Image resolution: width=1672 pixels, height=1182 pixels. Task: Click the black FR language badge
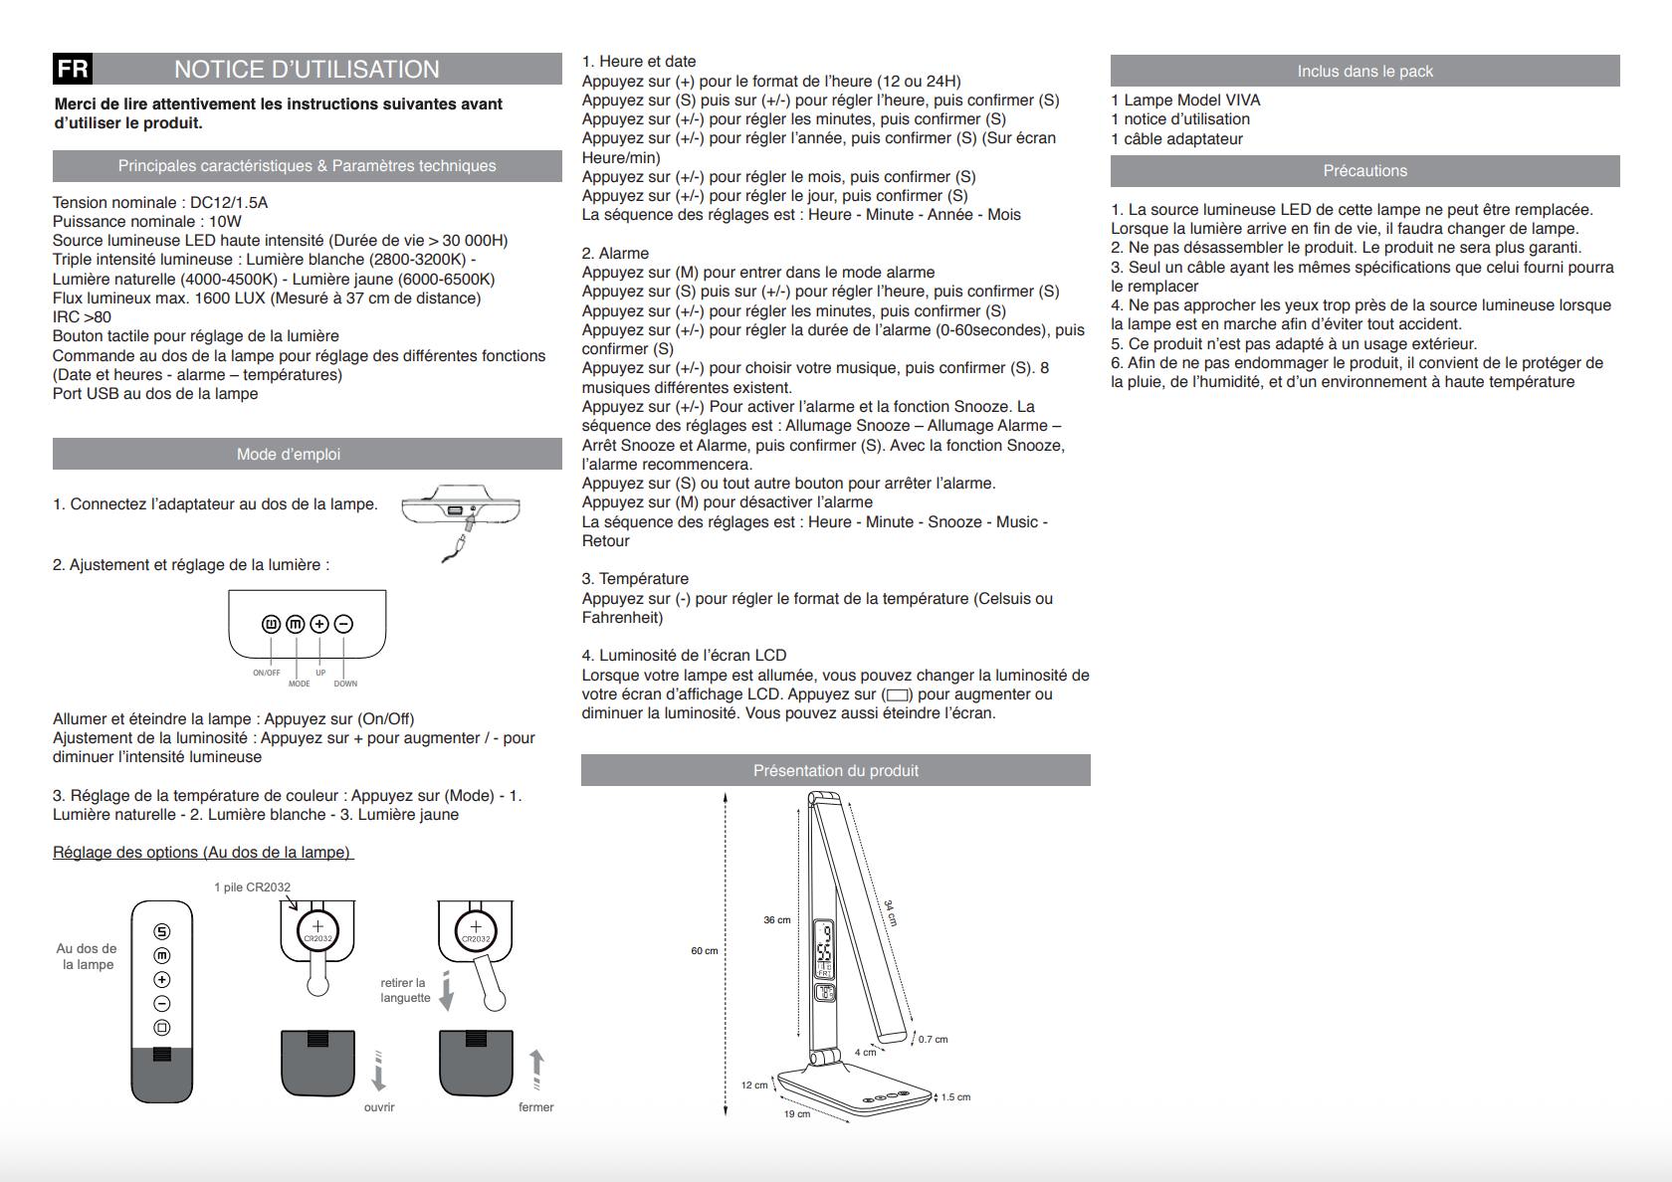coord(73,69)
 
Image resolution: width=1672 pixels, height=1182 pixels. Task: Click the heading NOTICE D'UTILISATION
coord(307,70)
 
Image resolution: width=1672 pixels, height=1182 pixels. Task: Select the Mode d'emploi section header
coord(289,455)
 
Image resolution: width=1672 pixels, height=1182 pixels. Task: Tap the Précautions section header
coord(1364,171)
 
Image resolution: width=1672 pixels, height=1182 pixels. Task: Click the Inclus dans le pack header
coord(1364,72)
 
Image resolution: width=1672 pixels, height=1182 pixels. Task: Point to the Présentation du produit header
coord(835,771)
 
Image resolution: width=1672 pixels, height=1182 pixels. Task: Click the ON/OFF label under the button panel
coord(266,674)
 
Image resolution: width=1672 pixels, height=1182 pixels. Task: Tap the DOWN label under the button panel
coord(345,684)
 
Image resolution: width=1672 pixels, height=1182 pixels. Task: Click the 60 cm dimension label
coord(704,951)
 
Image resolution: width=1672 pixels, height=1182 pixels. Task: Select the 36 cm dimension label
coord(776,920)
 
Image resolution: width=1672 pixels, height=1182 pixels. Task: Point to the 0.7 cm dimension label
coord(933,1040)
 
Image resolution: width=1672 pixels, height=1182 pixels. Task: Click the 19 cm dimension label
coord(796,1114)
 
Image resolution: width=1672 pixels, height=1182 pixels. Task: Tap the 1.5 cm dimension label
coord(955,1097)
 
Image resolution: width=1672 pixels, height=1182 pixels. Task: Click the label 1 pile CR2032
coord(252,887)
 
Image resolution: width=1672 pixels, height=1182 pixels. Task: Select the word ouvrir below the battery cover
coord(379,1107)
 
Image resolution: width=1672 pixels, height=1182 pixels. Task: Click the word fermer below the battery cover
coord(535,1107)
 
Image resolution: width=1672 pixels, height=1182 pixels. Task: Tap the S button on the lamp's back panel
coord(162,932)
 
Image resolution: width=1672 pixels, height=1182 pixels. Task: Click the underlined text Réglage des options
coord(202,853)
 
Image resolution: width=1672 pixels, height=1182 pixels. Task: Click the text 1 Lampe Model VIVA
coord(1185,100)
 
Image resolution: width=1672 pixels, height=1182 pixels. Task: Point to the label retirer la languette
coord(405,990)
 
